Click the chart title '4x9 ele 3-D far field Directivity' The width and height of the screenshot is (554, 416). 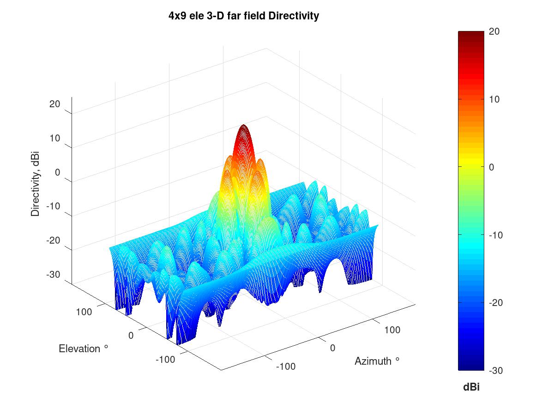tap(244, 16)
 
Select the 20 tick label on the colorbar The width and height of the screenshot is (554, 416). tap(494, 31)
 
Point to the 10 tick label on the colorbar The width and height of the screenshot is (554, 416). tap(494, 99)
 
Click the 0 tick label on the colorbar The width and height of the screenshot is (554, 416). tap(492, 167)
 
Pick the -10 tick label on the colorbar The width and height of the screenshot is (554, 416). tap(496, 235)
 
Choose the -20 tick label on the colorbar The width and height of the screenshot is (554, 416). tap(496, 303)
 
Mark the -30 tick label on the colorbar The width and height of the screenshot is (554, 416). tap(496, 371)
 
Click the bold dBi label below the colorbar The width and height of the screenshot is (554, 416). tap(471, 387)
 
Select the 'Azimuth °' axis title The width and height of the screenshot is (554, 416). tap(377, 361)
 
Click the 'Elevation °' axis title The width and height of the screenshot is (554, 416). tap(84, 349)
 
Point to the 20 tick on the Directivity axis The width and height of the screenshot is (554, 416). tap(55, 104)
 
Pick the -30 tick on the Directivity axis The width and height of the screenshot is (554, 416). tap(54, 275)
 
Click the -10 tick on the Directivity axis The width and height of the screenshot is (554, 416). tap(54, 206)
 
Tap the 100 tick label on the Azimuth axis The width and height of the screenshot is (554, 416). tap(392, 330)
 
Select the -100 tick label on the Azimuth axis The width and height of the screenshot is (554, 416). tap(285, 367)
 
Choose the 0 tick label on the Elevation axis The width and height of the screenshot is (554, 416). tap(131, 335)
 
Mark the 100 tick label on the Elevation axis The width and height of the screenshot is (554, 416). tap(84, 312)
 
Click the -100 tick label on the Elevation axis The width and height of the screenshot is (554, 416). tap(165, 359)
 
